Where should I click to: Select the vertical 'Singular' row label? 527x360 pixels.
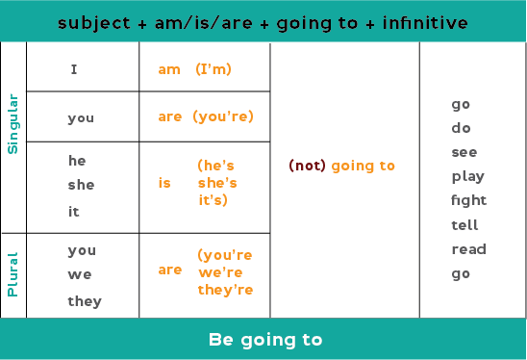(13, 123)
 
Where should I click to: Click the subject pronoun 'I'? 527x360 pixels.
(74, 69)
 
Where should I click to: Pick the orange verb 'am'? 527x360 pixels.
(168, 69)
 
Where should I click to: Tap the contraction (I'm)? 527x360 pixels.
(213, 69)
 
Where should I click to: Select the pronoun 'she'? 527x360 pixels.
(81, 185)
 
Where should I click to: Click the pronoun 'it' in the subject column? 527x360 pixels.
(74, 211)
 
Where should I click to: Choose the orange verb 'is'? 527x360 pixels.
(164, 183)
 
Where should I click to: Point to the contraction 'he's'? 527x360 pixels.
(216, 166)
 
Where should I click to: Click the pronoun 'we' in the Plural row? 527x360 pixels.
(79, 275)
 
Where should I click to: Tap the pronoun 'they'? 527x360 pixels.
(85, 301)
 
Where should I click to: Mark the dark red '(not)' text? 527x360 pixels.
(307, 166)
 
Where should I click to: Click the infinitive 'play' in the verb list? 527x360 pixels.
(468, 177)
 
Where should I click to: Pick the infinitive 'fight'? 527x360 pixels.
(469, 200)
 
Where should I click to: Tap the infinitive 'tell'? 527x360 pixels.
(465, 225)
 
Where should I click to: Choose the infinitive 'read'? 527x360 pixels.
(468, 249)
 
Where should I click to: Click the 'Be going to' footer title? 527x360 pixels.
(264, 340)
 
